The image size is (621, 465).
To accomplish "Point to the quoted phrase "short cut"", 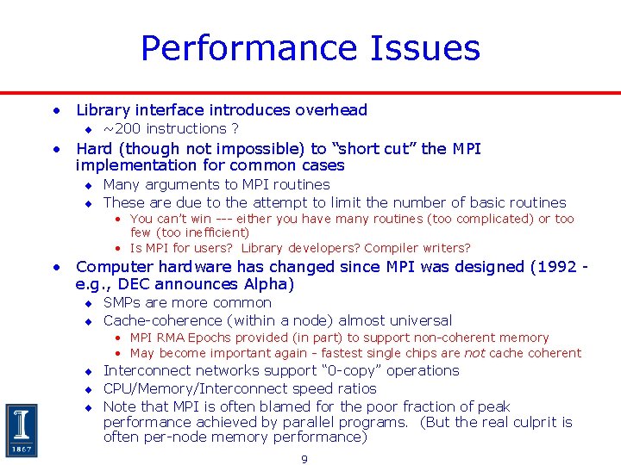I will pyautogui.click(x=377, y=149).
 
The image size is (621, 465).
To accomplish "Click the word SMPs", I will pyautogui.click(x=122, y=303).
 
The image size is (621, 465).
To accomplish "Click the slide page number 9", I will pyautogui.click(x=304, y=459).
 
